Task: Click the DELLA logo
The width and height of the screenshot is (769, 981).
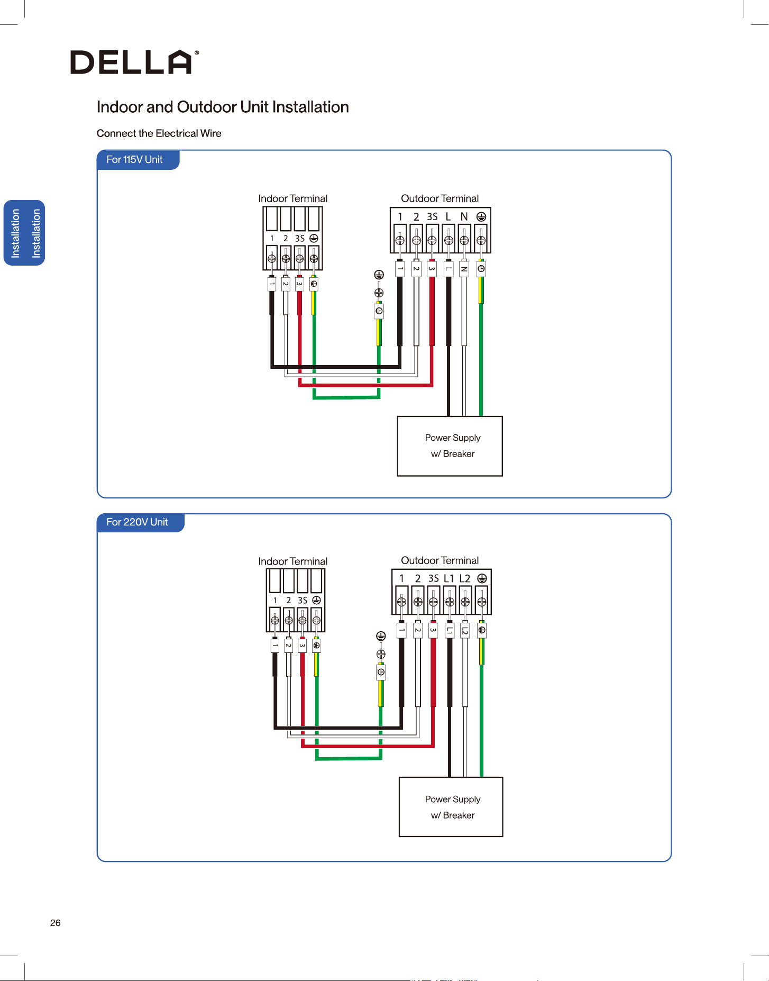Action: [x=135, y=62]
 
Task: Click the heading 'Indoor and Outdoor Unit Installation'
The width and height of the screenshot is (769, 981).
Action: [x=223, y=107]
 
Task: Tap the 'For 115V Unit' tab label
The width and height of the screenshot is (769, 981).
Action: [x=134, y=159]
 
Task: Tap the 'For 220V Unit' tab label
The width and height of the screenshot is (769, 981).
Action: [x=137, y=522]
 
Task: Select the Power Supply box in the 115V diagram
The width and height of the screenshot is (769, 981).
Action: [x=450, y=446]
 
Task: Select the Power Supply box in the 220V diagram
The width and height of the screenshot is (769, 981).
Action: [x=451, y=807]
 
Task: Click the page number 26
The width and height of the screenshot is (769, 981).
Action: [x=56, y=923]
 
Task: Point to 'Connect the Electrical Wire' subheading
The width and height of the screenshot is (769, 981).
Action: [x=159, y=133]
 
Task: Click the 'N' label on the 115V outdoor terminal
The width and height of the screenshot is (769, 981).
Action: [x=464, y=216]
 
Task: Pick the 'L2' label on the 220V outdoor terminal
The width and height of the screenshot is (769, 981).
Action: [x=465, y=578]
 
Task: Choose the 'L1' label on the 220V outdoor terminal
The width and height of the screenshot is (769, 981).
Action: [x=449, y=578]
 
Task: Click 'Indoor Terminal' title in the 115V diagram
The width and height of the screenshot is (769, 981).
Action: [x=293, y=198]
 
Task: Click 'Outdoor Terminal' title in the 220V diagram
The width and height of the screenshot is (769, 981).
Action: [x=440, y=560]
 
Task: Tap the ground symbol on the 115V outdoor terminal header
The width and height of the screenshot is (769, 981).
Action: [x=481, y=216]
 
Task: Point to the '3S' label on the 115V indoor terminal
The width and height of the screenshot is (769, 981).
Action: [x=300, y=239]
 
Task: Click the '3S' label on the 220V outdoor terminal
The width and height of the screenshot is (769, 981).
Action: [x=434, y=578]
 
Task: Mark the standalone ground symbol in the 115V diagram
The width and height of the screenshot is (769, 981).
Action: [x=379, y=274]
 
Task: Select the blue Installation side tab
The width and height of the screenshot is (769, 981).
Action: [x=24, y=233]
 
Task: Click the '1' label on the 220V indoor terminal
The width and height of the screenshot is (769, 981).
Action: [x=275, y=601]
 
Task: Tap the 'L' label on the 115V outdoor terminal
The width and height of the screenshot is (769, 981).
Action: [x=448, y=216]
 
